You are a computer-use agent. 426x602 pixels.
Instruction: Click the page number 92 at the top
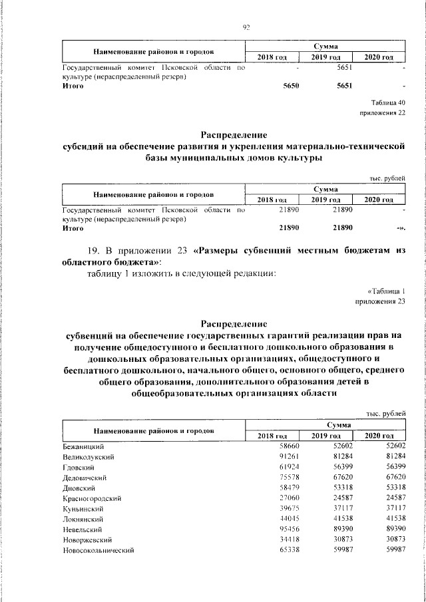pyautogui.click(x=246, y=27)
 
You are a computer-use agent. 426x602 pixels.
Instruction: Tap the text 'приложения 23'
pyautogui.click(x=381, y=302)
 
